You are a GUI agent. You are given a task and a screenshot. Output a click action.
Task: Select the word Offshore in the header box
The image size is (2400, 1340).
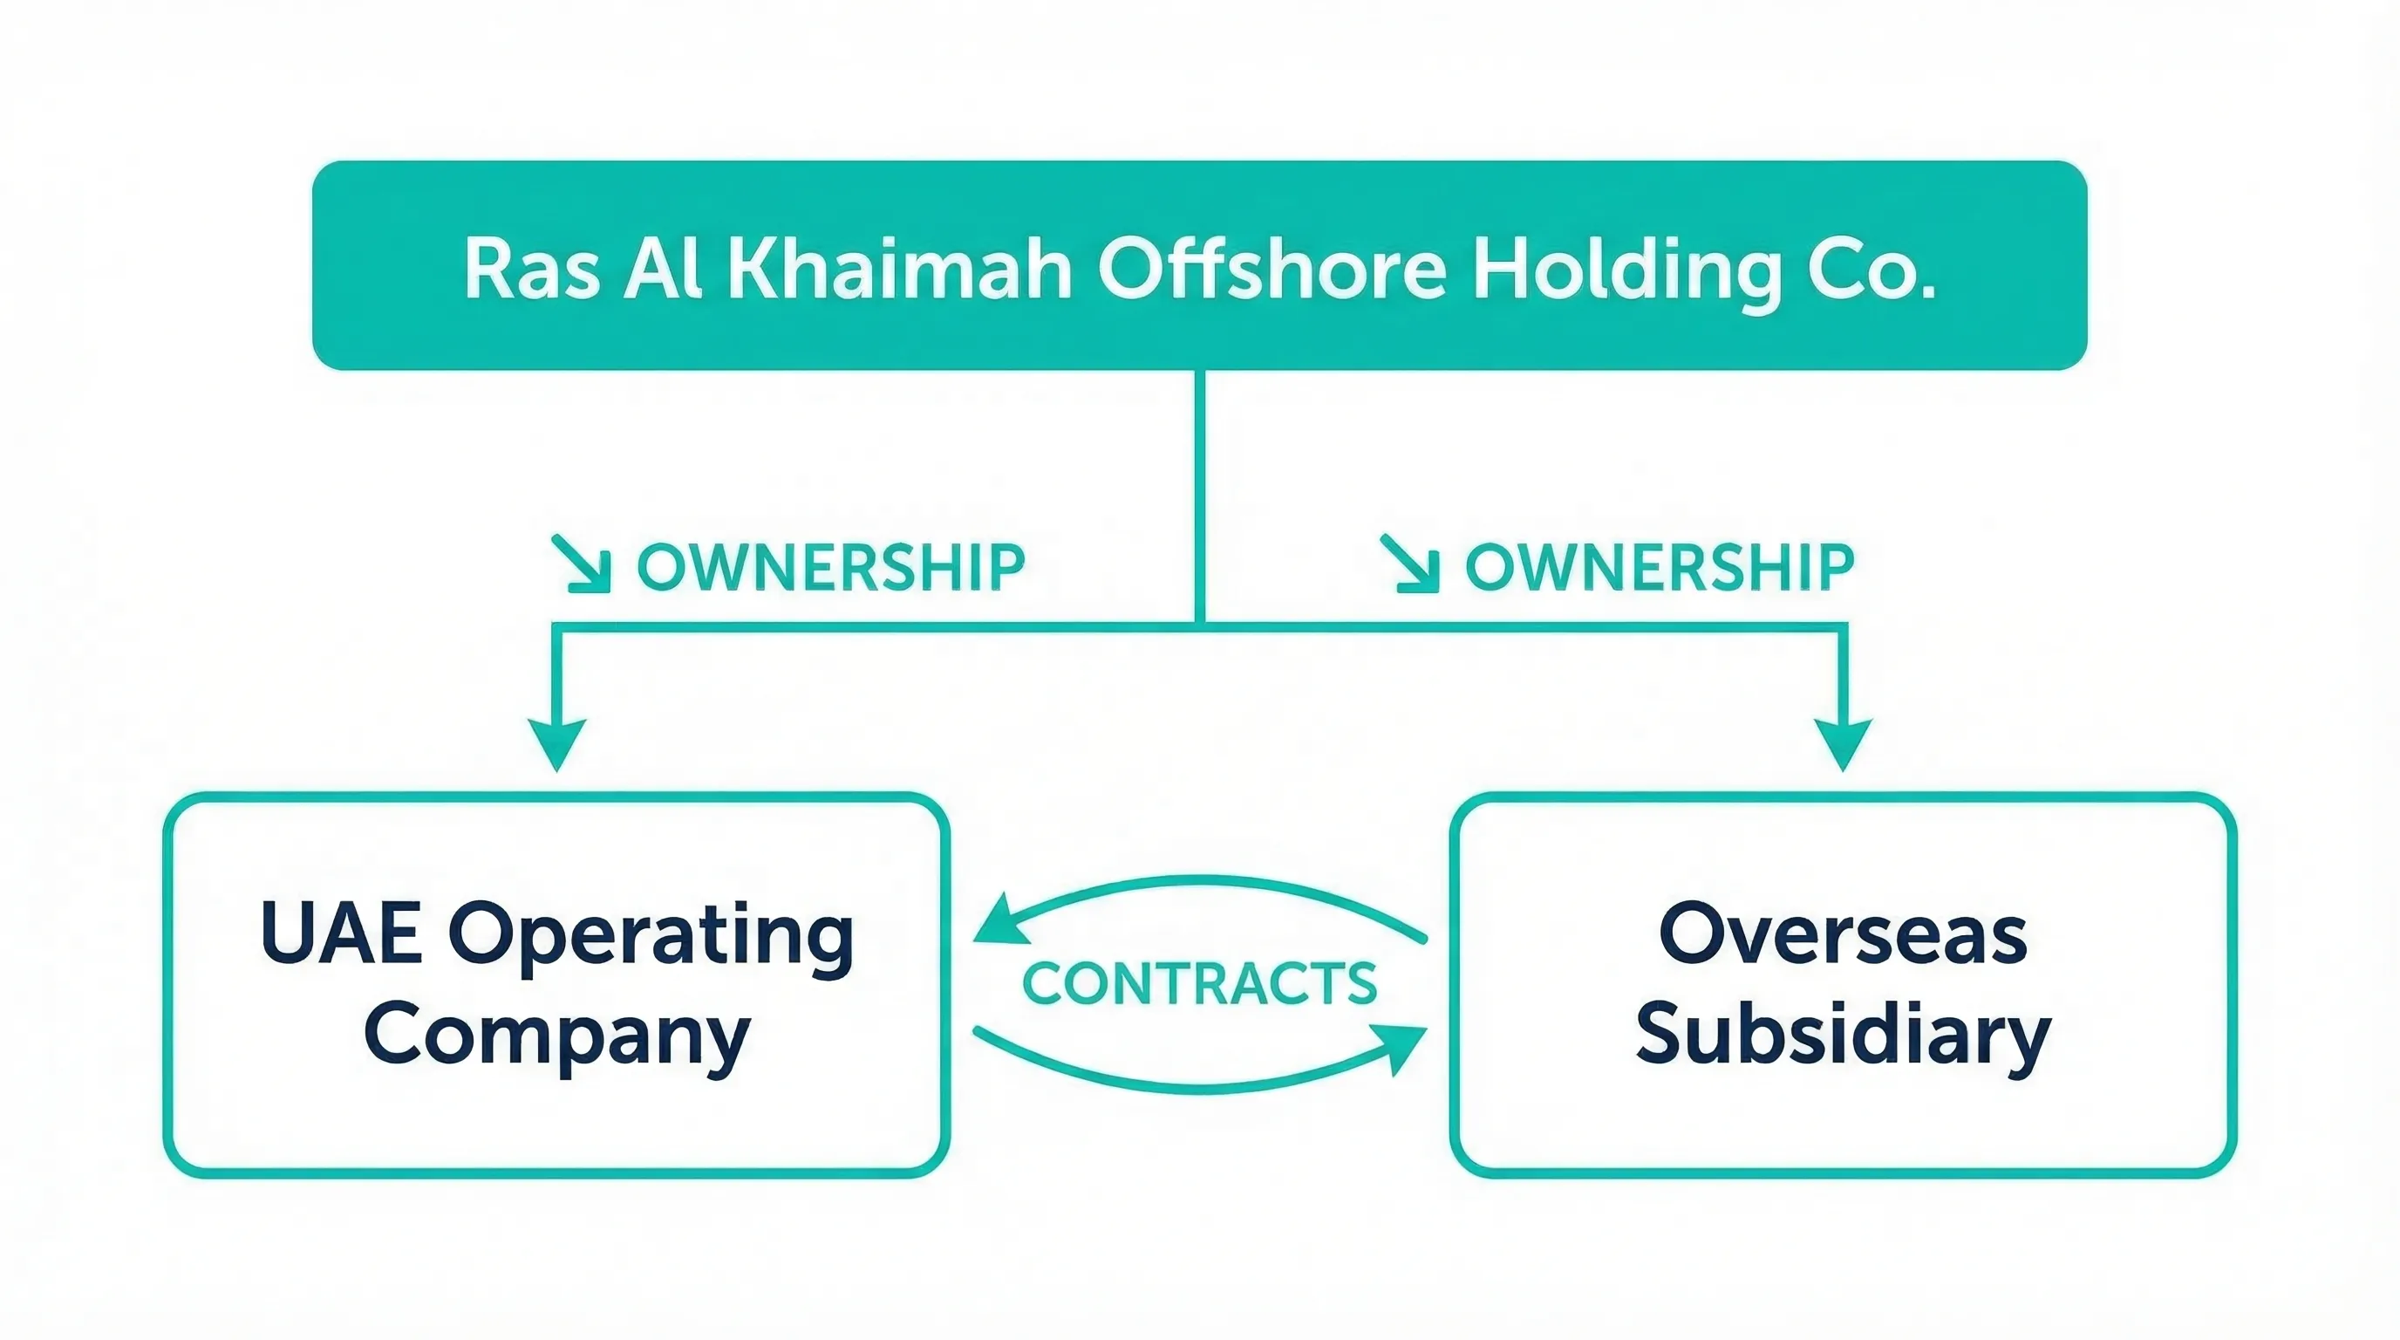(1272, 269)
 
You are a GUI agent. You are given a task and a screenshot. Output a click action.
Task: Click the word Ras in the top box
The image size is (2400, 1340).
(531, 269)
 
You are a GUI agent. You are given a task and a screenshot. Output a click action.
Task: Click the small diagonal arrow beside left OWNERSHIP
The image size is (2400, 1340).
(583, 564)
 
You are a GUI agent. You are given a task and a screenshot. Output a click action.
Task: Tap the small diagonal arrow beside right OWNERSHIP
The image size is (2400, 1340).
(1410, 564)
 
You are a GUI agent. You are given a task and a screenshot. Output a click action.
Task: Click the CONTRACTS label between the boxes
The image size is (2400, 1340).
(1200, 983)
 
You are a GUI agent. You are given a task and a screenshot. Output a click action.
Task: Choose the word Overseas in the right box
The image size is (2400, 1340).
(1842, 933)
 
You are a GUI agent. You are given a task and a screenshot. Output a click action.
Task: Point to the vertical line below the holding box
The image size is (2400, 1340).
(1199, 494)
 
